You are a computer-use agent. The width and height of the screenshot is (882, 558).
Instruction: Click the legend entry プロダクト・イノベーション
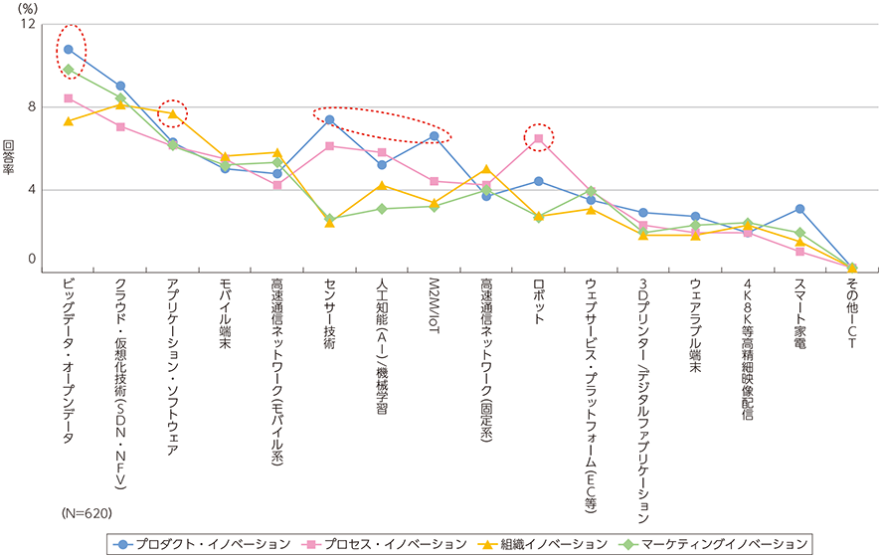pos(205,544)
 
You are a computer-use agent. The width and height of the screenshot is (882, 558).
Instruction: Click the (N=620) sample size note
pos(85,514)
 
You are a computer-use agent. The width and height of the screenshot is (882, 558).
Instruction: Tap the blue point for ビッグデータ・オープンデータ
pos(68,49)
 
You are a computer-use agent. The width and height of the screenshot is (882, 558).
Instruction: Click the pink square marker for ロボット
pos(538,138)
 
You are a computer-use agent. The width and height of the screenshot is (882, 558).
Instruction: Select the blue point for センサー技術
pos(329,120)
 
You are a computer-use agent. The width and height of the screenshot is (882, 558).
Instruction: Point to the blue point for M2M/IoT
pos(434,136)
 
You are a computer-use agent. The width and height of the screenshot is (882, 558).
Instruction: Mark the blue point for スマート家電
pos(799,209)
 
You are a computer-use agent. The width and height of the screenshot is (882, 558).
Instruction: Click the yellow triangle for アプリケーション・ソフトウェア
pos(172,114)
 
